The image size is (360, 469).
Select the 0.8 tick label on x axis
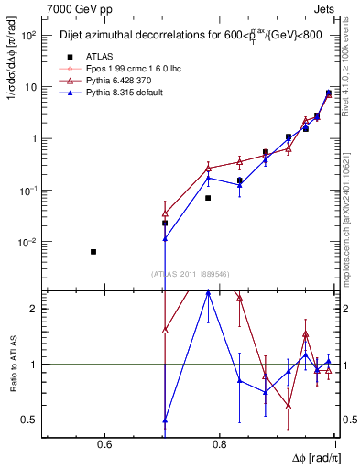219,445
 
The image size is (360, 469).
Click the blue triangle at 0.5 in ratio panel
165,420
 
